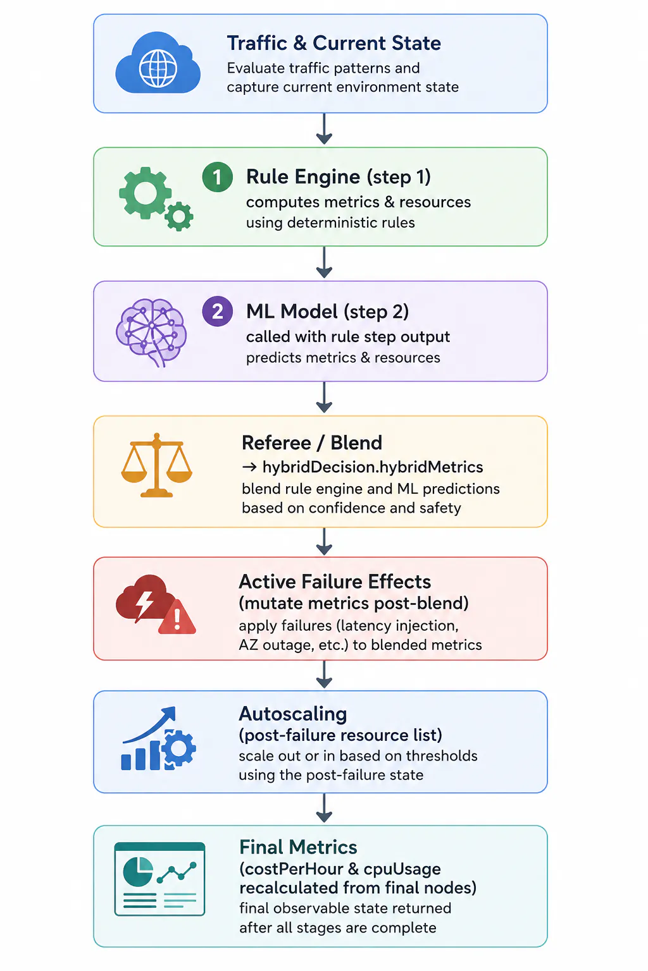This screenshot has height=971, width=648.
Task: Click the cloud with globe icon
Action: (x=158, y=63)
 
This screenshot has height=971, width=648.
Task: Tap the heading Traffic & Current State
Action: (x=333, y=44)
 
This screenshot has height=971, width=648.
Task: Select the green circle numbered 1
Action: (x=218, y=177)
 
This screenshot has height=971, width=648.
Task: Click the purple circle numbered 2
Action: (x=218, y=311)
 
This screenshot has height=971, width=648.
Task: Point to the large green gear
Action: (x=145, y=193)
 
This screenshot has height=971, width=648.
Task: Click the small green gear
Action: (x=179, y=216)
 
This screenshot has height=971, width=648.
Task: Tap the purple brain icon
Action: (x=151, y=332)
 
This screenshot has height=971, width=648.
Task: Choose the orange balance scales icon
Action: (x=157, y=465)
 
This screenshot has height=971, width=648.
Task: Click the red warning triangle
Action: (x=177, y=617)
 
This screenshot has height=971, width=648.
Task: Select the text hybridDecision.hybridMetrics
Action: (x=373, y=467)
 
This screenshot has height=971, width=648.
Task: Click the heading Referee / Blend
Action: (x=312, y=443)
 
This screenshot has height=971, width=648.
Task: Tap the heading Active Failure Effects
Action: (x=335, y=582)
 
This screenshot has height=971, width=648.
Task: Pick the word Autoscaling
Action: (x=293, y=714)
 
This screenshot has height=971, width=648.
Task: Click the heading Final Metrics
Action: (x=298, y=847)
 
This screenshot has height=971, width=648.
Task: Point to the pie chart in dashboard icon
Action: (x=137, y=872)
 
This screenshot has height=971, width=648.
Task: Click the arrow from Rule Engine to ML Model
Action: (x=324, y=263)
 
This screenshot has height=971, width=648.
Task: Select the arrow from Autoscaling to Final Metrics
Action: (x=324, y=808)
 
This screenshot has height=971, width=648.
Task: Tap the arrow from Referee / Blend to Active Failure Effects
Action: (x=324, y=541)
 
